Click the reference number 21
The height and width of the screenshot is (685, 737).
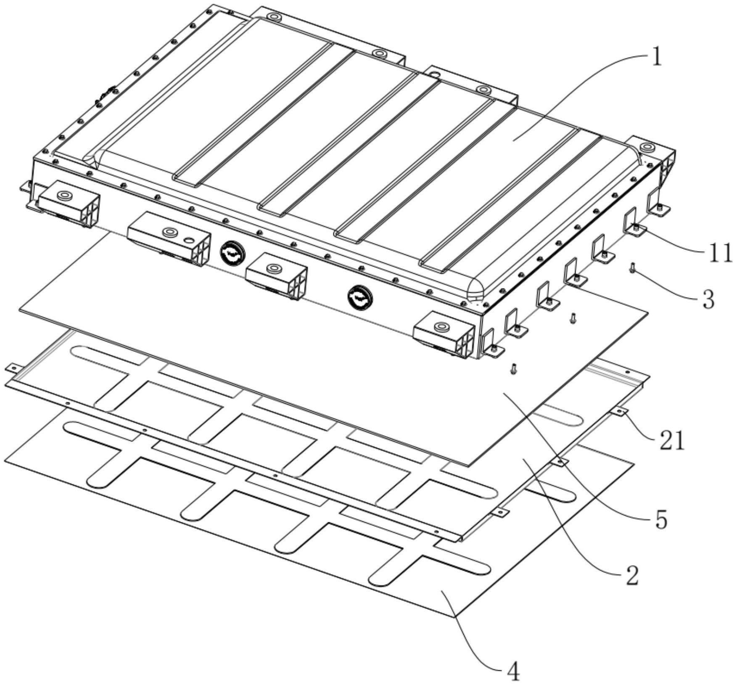(671, 441)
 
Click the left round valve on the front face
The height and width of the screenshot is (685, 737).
(232, 253)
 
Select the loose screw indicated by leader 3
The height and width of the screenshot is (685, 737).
(632, 267)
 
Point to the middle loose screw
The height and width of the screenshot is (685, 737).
(572, 318)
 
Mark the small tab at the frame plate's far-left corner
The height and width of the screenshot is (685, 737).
(13, 368)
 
